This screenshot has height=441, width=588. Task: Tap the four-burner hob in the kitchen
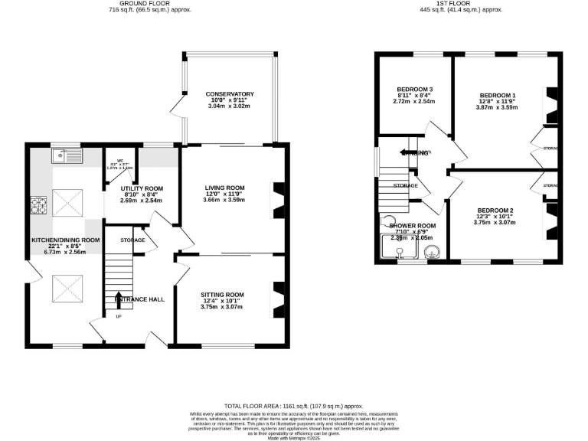point(38,204)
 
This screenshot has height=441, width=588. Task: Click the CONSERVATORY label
point(230,94)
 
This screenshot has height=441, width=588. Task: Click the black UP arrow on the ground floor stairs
point(118,299)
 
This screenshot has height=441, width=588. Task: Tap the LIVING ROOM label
point(224,188)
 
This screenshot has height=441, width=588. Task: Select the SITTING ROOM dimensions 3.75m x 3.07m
point(222,307)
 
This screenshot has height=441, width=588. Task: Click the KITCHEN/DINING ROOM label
point(65,240)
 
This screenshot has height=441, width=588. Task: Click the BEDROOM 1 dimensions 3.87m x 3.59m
point(497,107)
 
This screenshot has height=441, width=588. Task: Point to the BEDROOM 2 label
point(495,210)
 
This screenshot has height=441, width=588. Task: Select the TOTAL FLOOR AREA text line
point(293,407)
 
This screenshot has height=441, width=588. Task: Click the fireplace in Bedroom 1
point(550,106)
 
